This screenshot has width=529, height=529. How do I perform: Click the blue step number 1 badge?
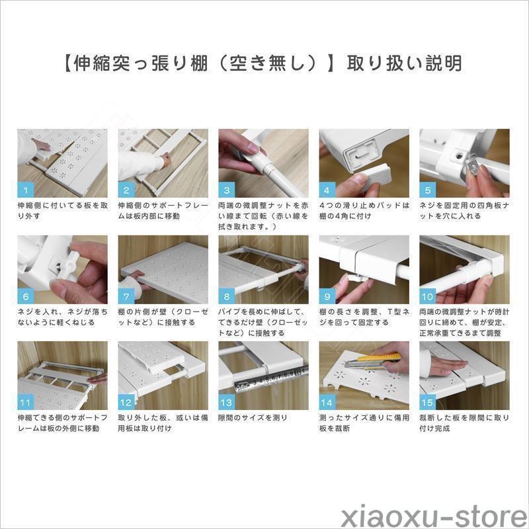pos(26,190)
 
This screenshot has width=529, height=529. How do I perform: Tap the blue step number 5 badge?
pos(428,190)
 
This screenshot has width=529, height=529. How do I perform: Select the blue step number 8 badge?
pos(227,296)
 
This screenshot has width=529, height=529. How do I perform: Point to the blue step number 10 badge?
pos(428,296)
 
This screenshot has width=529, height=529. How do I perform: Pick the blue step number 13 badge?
pos(227,402)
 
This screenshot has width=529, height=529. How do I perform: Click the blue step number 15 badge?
pos(428,402)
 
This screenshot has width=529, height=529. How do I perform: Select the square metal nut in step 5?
pos(474,165)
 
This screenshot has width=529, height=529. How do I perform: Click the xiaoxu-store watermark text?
pos(434,515)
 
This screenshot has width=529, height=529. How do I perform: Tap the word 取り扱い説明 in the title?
pos(405,63)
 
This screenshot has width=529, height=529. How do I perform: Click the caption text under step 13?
pos(253,418)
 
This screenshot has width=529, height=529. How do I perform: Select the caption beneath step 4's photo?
pos(364,210)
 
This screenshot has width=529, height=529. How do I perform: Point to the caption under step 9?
pos(364,317)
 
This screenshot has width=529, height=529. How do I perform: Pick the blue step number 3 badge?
pos(227,190)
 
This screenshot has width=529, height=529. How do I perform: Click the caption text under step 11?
pos(62,423)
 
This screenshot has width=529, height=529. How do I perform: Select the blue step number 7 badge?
pos(126,296)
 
